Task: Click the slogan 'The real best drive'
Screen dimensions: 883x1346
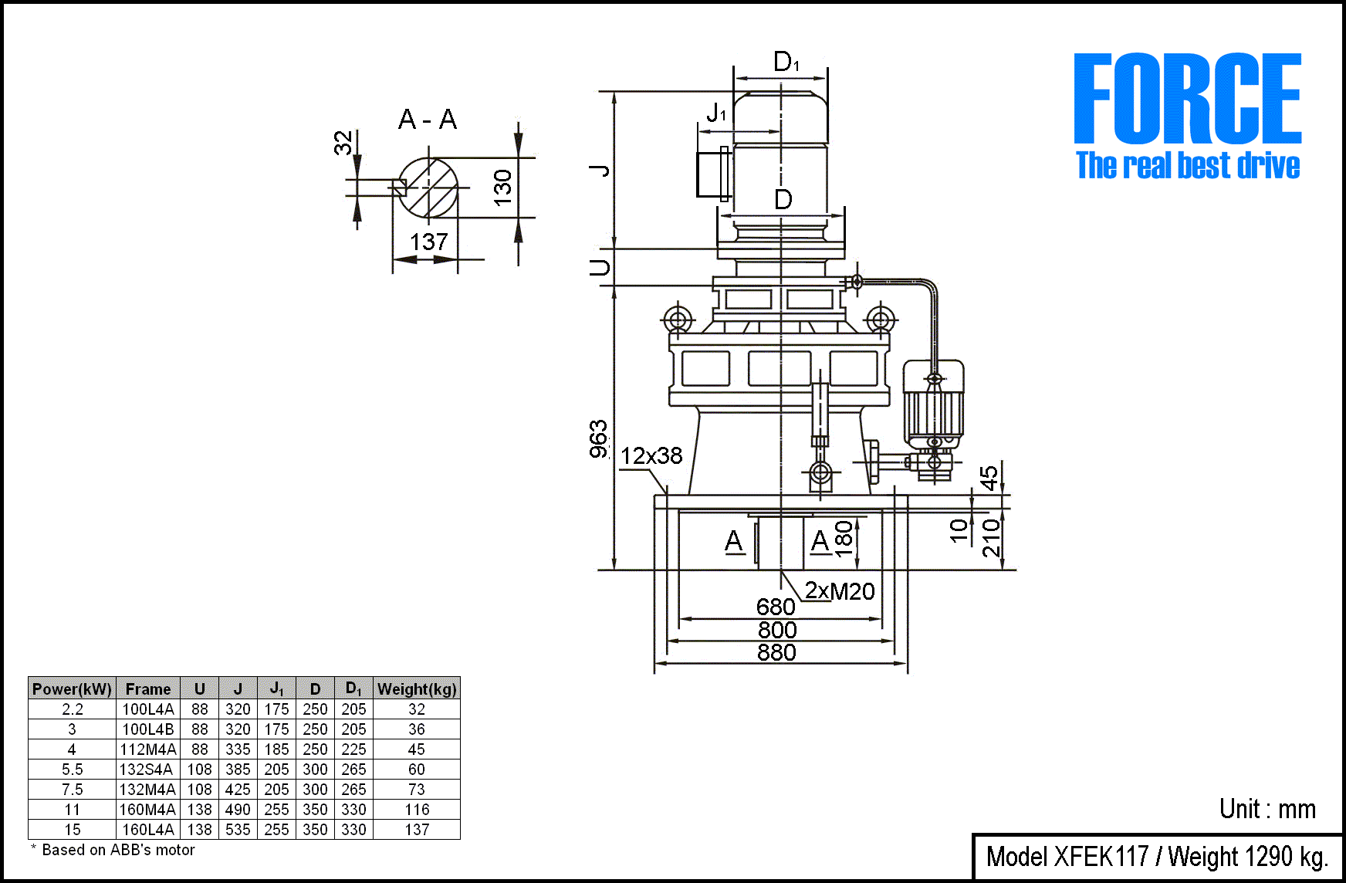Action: pyautogui.click(x=1188, y=166)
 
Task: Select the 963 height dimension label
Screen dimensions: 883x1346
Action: pyautogui.click(x=599, y=439)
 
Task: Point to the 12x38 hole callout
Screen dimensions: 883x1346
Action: pyautogui.click(x=651, y=456)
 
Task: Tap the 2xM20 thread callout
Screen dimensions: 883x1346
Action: pyautogui.click(x=840, y=591)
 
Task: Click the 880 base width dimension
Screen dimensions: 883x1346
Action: pyautogui.click(x=776, y=653)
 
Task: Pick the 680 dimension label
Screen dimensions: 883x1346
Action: pyautogui.click(x=776, y=607)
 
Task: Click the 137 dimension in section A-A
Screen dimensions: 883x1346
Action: pyautogui.click(x=429, y=242)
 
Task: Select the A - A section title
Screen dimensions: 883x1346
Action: pyautogui.click(x=428, y=120)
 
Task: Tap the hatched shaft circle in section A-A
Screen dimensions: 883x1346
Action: pyautogui.click(x=428, y=187)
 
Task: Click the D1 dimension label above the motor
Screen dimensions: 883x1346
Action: pyautogui.click(x=786, y=62)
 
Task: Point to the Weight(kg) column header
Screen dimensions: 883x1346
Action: pyautogui.click(x=417, y=688)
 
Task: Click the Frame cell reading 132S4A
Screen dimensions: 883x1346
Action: pyautogui.click(x=148, y=770)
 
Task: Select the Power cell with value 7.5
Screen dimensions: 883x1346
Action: pyautogui.click(x=72, y=790)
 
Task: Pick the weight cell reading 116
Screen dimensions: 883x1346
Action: pyautogui.click(x=417, y=810)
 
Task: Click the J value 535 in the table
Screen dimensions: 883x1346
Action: pyautogui.click(x=238, y=830)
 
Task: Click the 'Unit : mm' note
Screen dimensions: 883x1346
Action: pyautogui.click(x=1267, y=809)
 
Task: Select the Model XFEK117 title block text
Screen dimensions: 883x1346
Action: pyautogui.click(x=1157, y=857)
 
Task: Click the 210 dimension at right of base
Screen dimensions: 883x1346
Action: pyautogui.click(x=992, y=537)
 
